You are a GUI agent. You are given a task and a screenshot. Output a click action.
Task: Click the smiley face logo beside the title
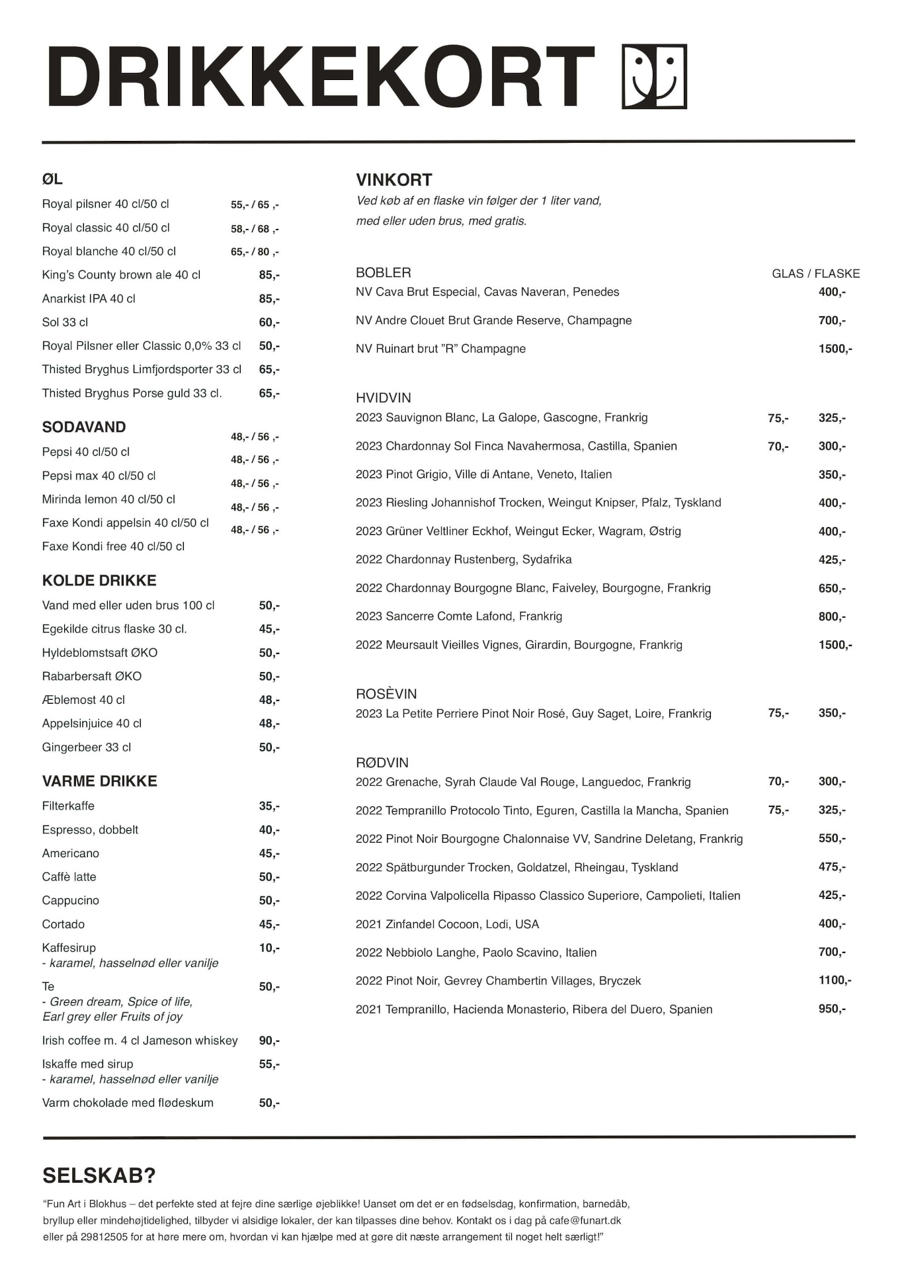point(654,77)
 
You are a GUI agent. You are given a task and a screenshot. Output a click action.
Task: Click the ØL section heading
point(52,179)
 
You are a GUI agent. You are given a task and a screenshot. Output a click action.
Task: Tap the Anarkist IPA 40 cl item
point(89,299)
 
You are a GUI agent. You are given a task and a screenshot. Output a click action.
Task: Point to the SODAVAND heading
point(84,427)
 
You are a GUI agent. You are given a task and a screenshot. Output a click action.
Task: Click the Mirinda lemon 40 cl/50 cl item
point(108,499)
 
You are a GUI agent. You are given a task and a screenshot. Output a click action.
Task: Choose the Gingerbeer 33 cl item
point(87,747)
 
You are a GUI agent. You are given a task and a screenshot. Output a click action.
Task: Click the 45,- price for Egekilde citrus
point(269,629)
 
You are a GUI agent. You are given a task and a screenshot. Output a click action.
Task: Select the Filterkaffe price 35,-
point(269,806)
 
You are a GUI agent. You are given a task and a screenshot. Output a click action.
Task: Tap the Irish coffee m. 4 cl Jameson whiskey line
point(140,1040)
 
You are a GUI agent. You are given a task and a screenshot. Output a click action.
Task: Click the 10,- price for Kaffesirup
point(269,948)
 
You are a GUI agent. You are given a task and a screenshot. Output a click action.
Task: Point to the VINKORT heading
point(394,180)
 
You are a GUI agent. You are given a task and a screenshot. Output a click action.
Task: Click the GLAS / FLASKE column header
point(815,274)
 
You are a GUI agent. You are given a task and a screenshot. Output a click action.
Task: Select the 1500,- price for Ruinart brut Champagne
point(835,349)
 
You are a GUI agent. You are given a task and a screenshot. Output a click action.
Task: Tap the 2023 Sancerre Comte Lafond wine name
point(459,616)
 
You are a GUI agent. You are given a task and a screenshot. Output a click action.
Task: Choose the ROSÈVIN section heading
point(386,694)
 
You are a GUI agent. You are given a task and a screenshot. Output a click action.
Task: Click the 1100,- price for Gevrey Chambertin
point(835,980)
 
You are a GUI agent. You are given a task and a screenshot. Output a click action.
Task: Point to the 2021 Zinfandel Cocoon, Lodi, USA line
point(447,924)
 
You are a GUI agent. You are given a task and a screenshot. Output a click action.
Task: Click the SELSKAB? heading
point(99,1175)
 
